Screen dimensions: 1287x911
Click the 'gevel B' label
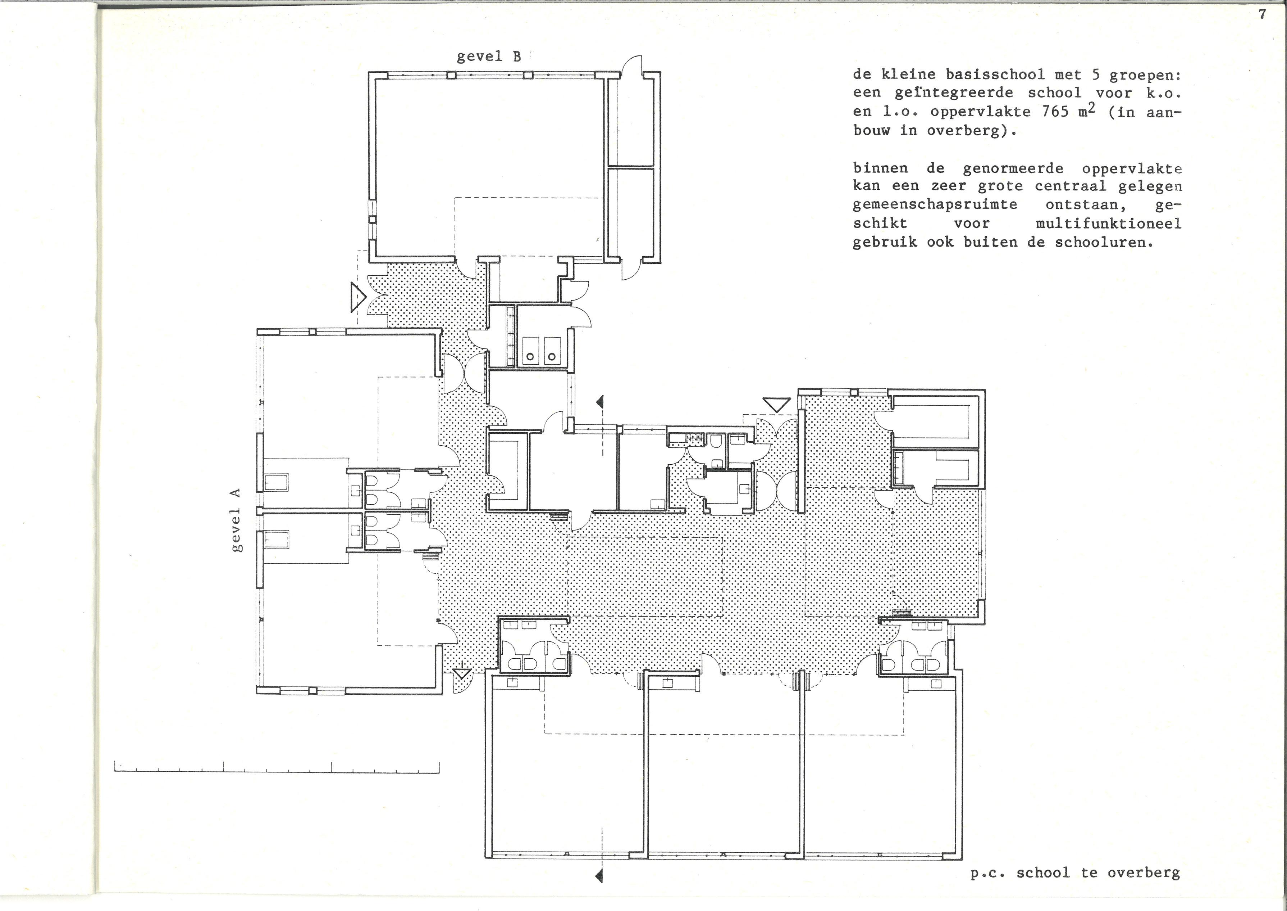coord(488,57)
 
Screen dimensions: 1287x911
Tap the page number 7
coord(1262,15)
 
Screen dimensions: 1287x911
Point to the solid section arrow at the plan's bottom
coord(599,876)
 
